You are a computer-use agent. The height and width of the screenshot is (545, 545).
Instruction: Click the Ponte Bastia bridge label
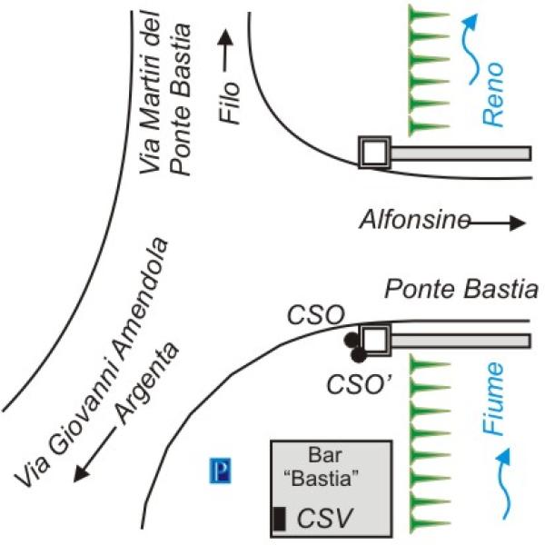pyautogui.click(x=461, y=292)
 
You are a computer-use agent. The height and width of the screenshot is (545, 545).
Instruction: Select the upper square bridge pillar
pyautogui.click(x=373, y=152)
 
